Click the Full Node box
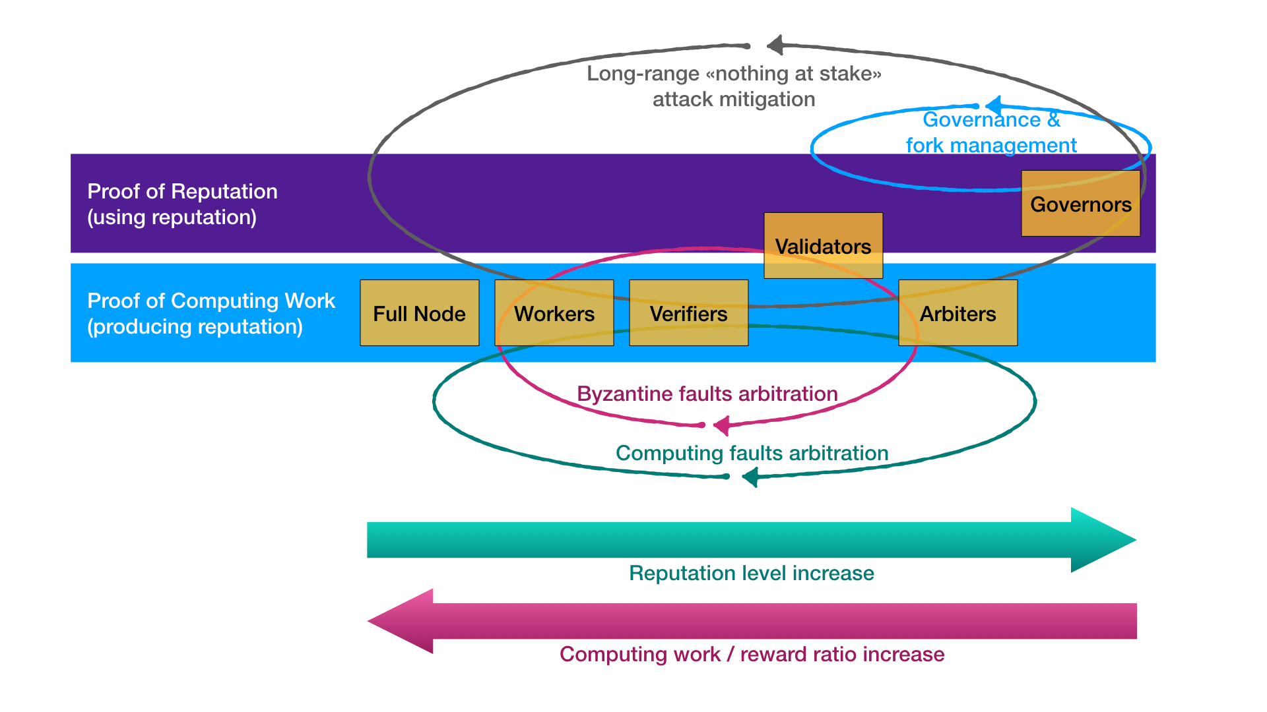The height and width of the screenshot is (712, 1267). tap(420, 312)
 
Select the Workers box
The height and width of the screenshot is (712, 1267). tap(554, 312)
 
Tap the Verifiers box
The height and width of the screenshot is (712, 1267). tap(689, 312)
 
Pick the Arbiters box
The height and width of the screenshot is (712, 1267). tap(958, 312)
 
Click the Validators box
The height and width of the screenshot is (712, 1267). tap(824, 245)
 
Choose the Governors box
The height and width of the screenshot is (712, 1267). tap(1081, 203)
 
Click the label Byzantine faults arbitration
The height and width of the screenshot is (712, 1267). tap(707, 394)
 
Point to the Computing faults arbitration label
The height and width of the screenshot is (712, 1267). tap(752, 453)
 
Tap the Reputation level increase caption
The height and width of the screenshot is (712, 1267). tap(752, 573)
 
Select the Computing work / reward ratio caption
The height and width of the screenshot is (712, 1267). tap(752, 654)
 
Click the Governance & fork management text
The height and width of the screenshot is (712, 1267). tap(991, 132)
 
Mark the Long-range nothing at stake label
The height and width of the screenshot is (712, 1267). tap(734, 86)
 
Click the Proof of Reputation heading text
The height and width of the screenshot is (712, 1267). tap(182, 204)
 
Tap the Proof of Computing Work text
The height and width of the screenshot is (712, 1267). tap(211, 313)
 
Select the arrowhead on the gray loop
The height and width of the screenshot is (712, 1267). tap(775, 45)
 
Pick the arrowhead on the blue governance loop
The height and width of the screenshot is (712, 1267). tap(993, 105)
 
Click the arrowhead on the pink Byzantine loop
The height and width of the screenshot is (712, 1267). tap(721, 425)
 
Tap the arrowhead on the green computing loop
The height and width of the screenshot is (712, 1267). tap(750, 477)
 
